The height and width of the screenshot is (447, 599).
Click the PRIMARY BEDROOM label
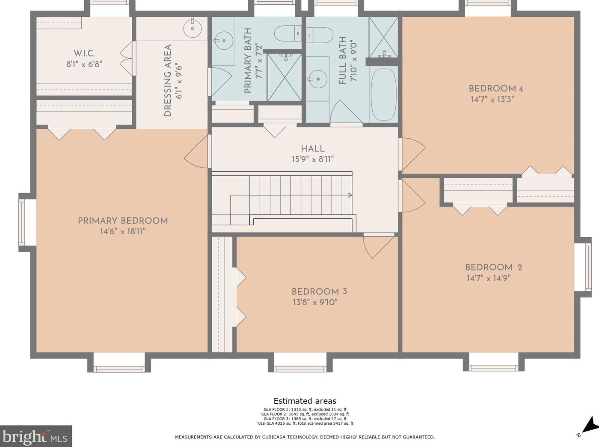[123, 221]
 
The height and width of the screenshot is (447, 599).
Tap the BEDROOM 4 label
[492, 89]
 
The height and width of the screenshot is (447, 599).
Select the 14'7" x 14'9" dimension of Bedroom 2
[489, 278]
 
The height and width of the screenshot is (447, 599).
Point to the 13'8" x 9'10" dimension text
[315, 302]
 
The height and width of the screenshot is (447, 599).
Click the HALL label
[313, 149]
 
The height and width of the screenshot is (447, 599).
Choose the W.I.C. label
[84, 53]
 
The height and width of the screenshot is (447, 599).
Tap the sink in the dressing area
[193, 28]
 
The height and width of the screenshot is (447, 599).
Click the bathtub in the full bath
[384, 95]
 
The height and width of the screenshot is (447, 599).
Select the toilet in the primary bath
[288, 34]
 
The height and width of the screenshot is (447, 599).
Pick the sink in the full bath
[317, 79]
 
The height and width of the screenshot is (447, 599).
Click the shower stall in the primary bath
[285, 77]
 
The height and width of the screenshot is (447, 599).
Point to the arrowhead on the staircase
[350, 195]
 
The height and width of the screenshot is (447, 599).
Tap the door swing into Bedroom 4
[412, 154]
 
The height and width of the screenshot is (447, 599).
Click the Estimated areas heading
[305, 401]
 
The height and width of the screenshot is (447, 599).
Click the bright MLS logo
[36, 435]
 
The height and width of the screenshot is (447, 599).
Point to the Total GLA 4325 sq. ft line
[305, 423]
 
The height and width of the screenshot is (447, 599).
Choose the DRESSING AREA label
[168, 80]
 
